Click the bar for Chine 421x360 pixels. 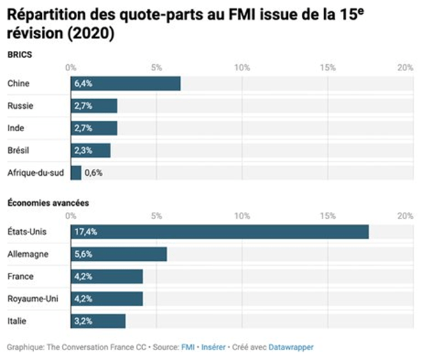125,84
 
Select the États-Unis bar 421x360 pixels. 220,232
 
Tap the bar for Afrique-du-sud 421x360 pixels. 76,172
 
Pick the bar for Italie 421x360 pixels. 98,321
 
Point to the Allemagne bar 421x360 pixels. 118,255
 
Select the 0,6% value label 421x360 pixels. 93,172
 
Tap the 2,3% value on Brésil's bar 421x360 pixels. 84,150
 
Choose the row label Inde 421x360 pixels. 16,128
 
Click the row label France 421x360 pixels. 20,277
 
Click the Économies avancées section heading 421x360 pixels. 47,203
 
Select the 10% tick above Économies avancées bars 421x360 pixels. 242,216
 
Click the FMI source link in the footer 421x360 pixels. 186,347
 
